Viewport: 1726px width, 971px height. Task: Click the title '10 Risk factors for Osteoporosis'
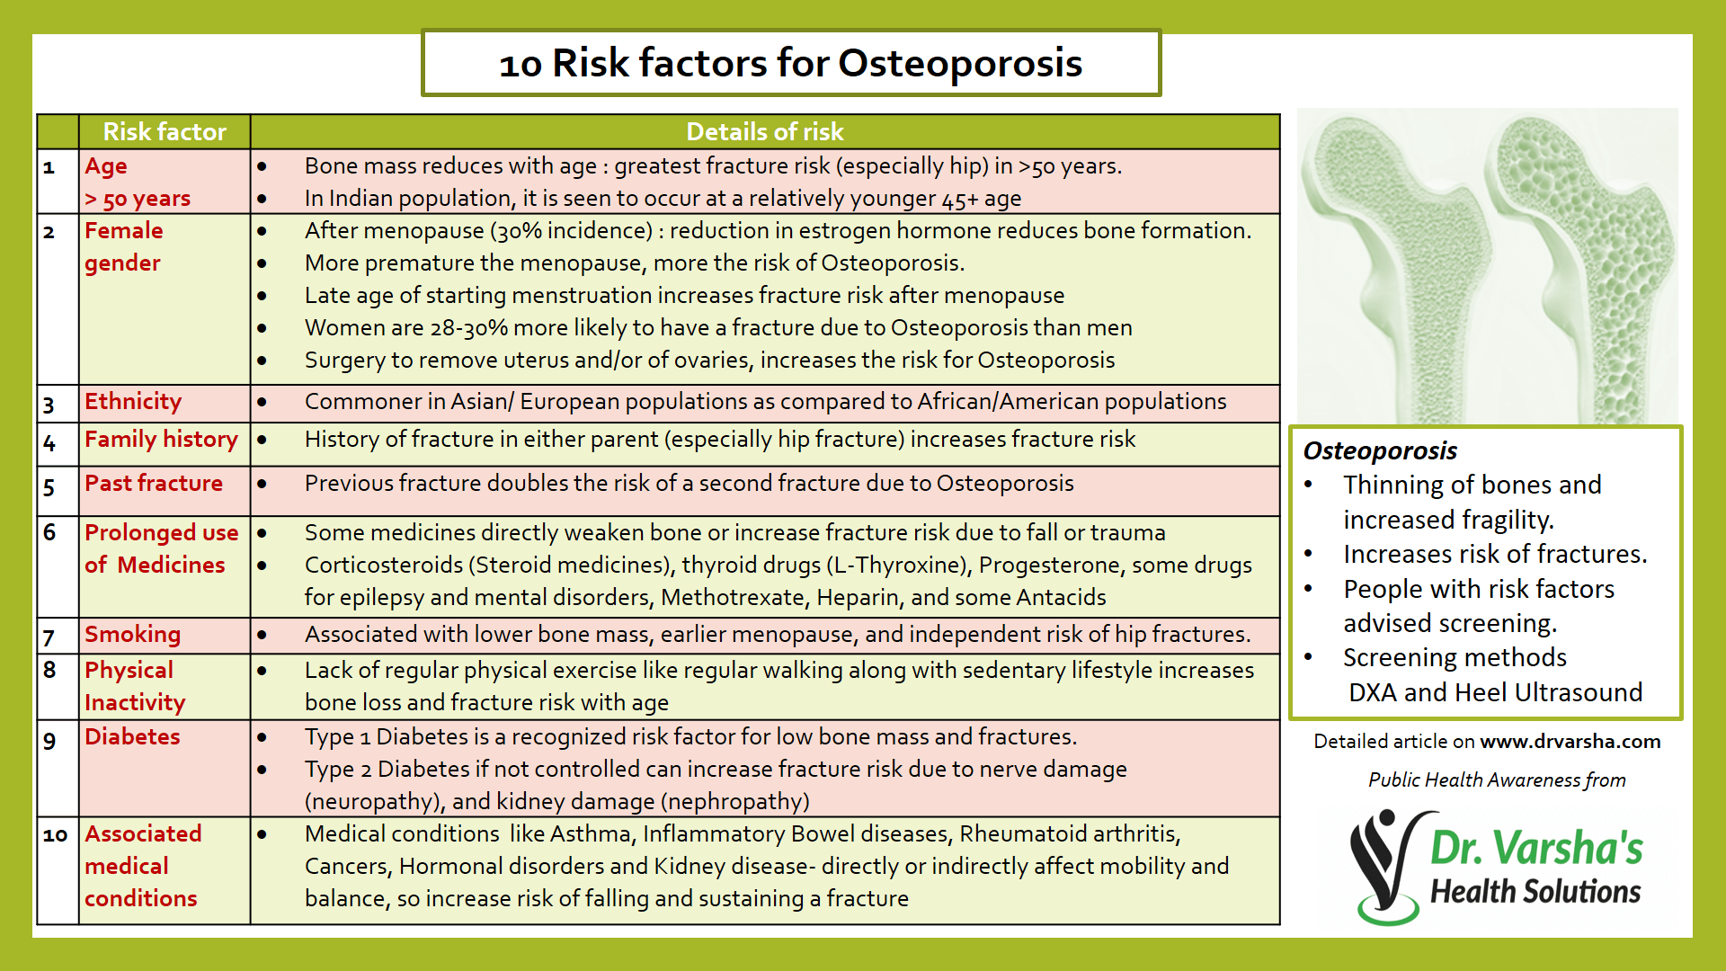click(790, 63)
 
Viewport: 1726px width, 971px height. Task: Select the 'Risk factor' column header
click(165, 132)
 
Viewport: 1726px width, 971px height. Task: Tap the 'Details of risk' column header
click(764, 132)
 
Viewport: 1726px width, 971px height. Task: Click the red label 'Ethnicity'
click(133, 402)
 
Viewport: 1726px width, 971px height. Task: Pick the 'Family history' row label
click(161, 440)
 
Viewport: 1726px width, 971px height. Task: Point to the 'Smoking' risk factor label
click(132, 635)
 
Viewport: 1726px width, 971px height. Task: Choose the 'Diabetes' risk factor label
click(132, 737)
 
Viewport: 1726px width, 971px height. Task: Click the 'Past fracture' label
click(154, 484)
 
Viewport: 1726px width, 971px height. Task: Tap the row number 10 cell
click(55, 835)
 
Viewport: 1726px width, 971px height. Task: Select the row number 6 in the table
click(49, 532)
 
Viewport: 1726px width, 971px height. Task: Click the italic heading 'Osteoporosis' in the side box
click(1380, 450)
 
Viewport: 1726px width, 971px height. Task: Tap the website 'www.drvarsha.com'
click(1570, 742)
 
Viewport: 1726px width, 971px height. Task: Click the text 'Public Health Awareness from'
click(1497, 780)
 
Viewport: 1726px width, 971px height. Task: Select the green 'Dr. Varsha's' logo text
click(1535, 848)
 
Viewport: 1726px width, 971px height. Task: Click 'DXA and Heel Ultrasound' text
click(1495, 692)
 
